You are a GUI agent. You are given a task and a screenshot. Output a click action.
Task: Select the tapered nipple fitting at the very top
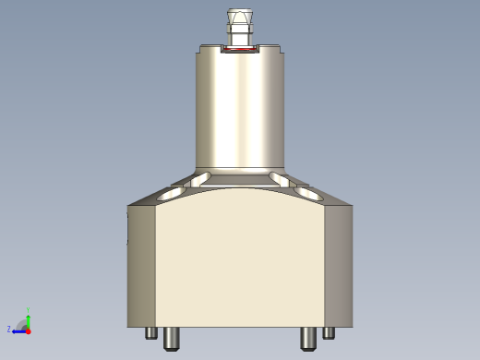[240, 25]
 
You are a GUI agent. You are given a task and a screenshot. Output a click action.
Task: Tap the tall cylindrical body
[240, 111]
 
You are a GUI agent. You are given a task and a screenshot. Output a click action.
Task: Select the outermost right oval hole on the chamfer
[308, 195]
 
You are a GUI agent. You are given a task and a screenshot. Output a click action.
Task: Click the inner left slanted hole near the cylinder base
[201, 178]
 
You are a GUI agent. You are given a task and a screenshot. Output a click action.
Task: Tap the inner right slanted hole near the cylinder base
[278, 178]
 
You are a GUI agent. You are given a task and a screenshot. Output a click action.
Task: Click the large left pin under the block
[172, 339]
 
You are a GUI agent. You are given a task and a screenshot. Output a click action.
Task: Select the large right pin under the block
[308, 339]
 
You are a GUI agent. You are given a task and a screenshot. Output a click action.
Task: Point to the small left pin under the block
[151, 333]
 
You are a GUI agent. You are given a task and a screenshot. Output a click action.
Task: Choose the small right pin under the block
[329, 333]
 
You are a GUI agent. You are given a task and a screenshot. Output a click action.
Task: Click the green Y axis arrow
[29, 318]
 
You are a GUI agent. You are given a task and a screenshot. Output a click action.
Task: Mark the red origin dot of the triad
[28, 330]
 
